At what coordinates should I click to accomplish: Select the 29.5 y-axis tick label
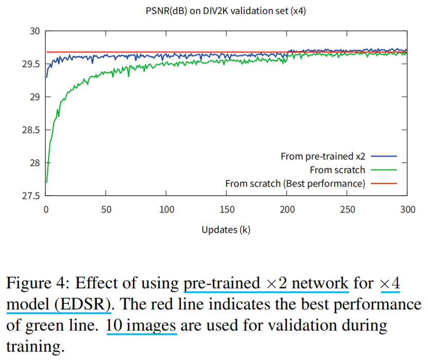[30, 64]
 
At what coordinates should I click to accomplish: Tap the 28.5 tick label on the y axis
[30, 130]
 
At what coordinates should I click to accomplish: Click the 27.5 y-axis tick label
[30, 196]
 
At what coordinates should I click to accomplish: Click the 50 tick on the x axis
[106, 210]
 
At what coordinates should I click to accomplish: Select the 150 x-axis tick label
[227, 210]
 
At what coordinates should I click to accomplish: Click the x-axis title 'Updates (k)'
[226, 230]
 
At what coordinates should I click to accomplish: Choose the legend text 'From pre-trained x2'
[323, 156]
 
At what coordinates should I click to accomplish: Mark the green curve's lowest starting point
[46, 182]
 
